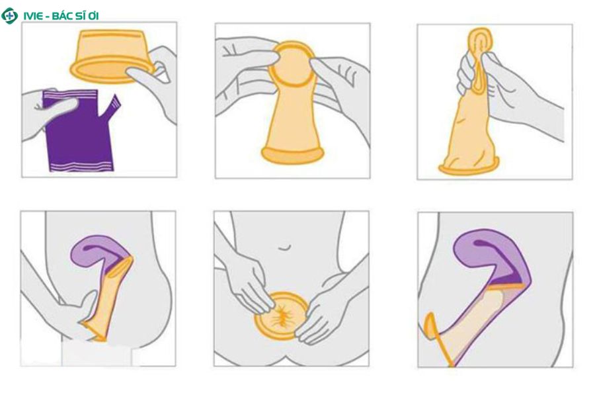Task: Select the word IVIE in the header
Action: (32, 16)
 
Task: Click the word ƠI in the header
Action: (95, 16)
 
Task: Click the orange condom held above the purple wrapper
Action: (112, 56)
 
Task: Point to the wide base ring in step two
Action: (293, 154)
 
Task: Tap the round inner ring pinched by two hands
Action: (292, 66)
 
